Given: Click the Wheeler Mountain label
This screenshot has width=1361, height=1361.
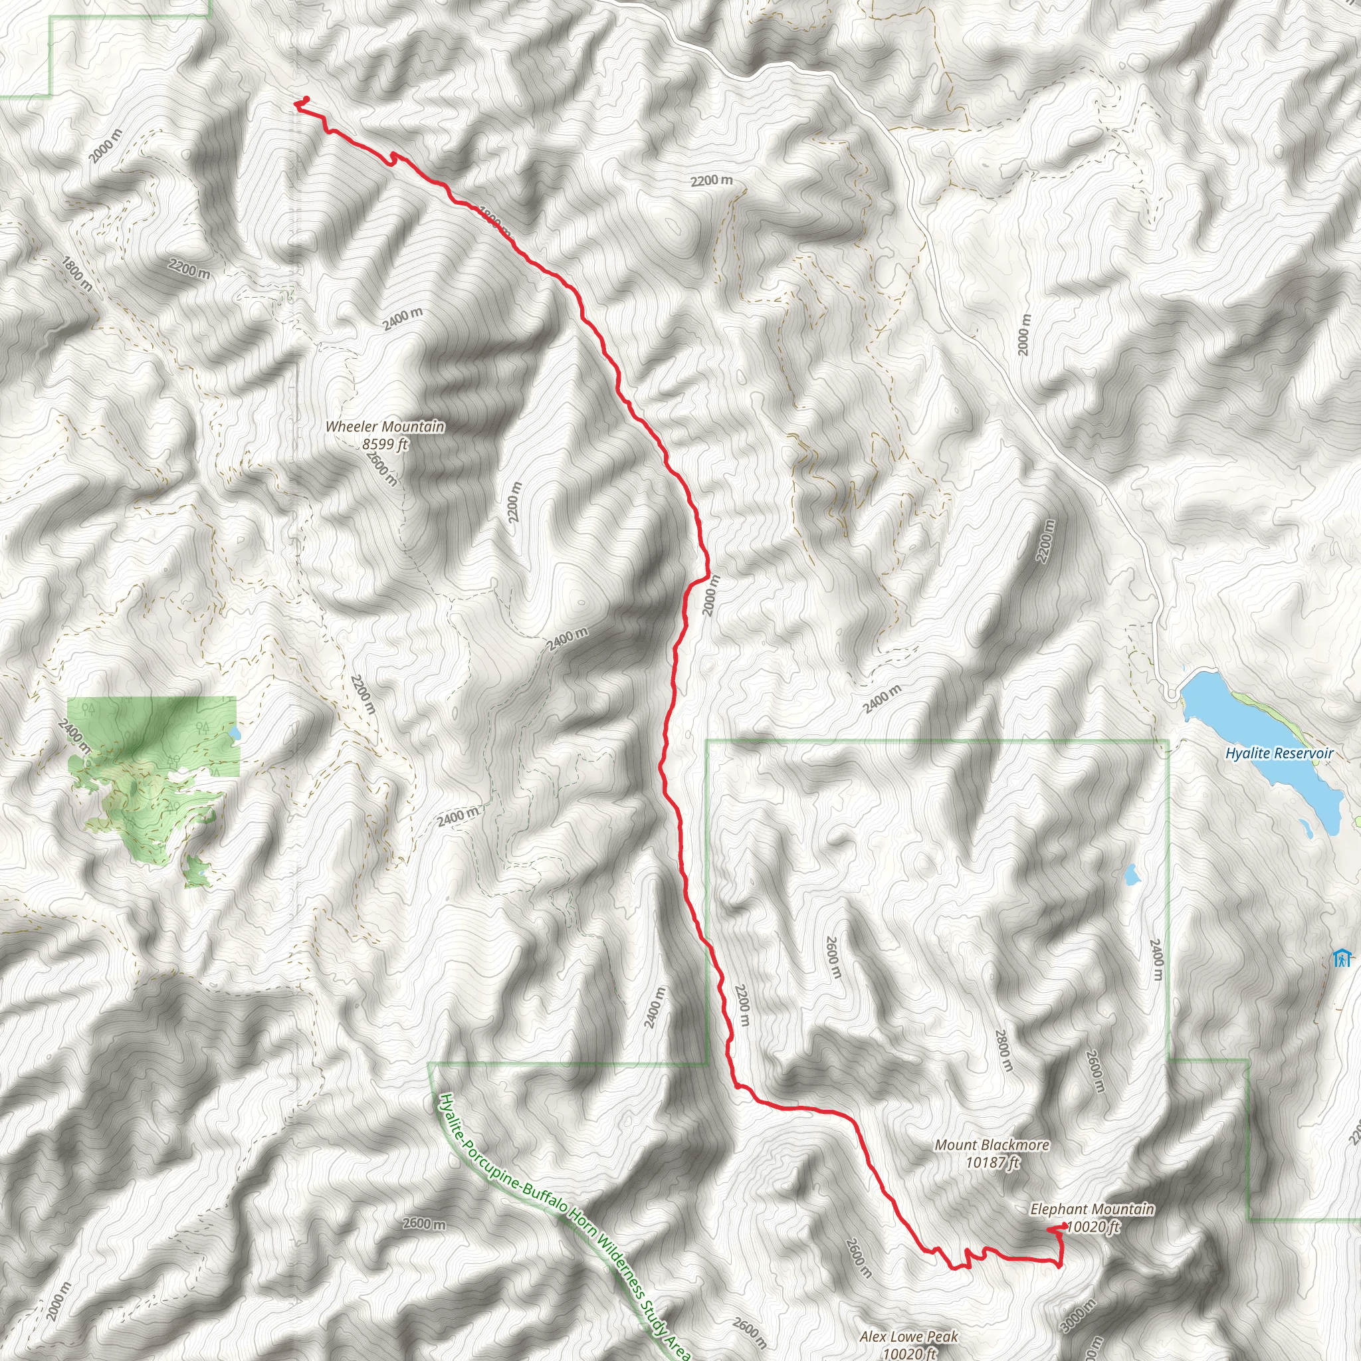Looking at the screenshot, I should click(385, 426).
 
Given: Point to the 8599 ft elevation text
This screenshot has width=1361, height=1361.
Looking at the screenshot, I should click(385, 444).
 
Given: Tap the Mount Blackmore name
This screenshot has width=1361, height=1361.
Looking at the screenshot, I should click(992, 1146).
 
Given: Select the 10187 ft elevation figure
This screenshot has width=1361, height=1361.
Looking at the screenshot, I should click(992, 1162).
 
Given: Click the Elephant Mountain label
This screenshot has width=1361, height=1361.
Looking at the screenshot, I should click(1092, 1209).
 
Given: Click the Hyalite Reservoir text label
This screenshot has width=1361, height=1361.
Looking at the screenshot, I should click(1279, 753).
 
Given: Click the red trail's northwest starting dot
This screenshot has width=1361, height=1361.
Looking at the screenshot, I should click(306, 99).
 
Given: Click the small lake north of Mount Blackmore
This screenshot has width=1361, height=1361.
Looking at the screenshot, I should click(1131, 875).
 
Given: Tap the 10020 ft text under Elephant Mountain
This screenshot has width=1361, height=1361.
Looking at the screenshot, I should click(1093, 1227).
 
